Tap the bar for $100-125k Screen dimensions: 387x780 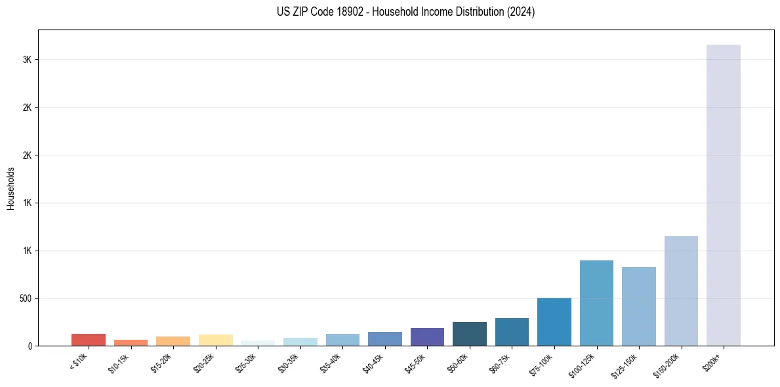point(596,303)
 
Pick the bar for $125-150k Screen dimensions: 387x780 point(638,306)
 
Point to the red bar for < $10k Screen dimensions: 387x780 point(89,340)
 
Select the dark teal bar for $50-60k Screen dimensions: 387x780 point(469,334)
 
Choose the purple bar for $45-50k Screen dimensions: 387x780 point(427,336)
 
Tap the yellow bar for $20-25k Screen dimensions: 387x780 point(215,340)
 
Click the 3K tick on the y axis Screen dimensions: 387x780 point(28,60)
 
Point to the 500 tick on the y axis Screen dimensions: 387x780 point(26,298)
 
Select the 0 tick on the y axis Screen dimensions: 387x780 point(30,346)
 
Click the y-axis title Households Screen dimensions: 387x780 point(11,188)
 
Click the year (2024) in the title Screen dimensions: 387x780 point(521,12)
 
